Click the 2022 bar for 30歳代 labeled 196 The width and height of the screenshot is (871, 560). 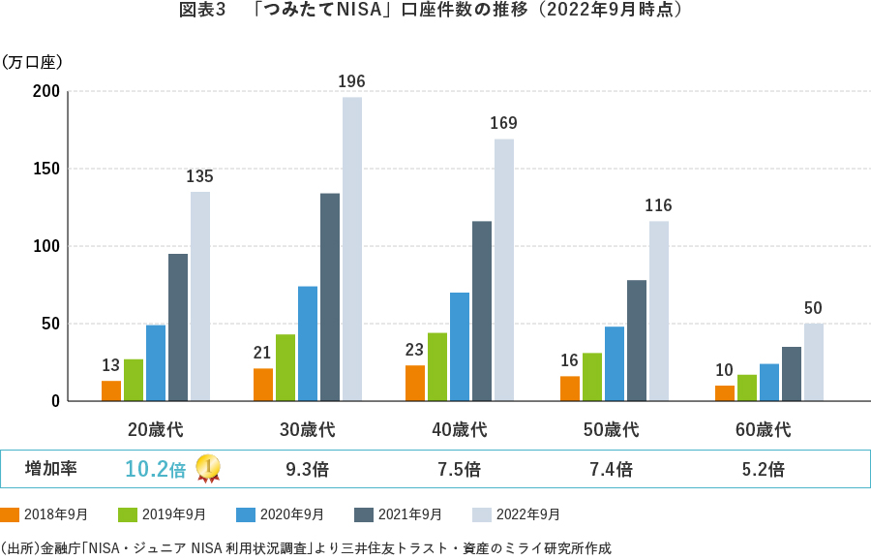(351, 249)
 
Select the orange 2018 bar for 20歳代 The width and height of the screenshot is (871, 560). (111, 390)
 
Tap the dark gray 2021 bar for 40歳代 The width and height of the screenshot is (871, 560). (482, 311)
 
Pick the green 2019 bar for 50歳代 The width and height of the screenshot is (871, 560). (592, 377)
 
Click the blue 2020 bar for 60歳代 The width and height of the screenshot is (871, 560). (769, 382)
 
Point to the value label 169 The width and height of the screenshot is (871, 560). (503, 123)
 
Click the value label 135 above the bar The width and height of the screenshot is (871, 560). (199, 176)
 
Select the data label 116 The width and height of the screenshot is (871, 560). (658, 205)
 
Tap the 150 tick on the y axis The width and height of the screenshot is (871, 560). (47, 169)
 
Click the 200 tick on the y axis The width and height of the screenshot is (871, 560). (47, 92)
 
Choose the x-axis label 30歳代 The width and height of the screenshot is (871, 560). (307, 429)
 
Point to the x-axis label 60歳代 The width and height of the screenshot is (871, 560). (763, 429)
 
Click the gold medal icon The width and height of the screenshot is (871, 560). (207, 469)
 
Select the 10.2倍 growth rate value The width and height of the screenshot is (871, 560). (155, 470)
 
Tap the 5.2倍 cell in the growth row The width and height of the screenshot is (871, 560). (763, 470)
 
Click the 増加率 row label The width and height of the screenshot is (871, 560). (50, 469)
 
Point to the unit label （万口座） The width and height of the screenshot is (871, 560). (33, 63)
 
